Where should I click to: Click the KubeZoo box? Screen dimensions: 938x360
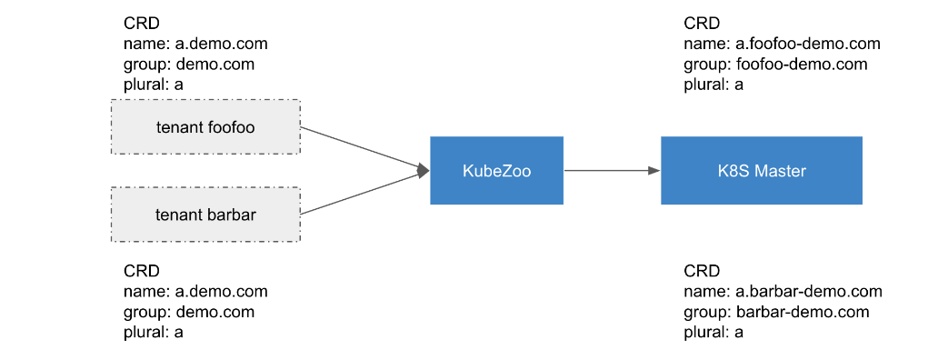tap(496, 170)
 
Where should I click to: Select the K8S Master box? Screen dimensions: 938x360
tap(762, 170)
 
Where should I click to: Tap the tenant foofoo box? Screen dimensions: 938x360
tap(205, 127)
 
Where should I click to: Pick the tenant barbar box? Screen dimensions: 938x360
tap(205, 215)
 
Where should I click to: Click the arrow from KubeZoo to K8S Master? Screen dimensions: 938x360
tap(612, 170)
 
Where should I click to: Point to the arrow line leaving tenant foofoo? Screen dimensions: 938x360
tap(364, 149)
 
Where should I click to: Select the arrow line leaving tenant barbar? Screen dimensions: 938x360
tap(364, 193)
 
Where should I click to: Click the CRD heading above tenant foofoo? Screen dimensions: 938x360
tap(142, 24)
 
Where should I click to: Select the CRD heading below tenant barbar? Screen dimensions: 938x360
tap(142, 272)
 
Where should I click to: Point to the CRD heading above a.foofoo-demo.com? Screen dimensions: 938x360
tap(703, 24)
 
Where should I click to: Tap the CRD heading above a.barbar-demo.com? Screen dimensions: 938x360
tap(703, 272)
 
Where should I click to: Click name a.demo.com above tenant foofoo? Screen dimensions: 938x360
tap(195, 44)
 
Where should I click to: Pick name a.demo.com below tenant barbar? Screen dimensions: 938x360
tap(195, 292)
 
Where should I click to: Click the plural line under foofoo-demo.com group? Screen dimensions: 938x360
tap(713, 85)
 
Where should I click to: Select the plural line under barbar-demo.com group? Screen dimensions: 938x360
tap(713, 333)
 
